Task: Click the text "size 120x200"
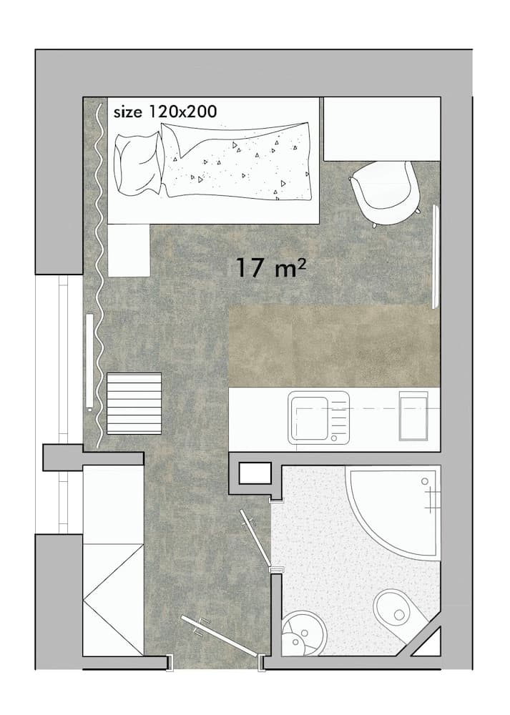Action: click(x=165, y=112)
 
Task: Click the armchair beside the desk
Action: click(x=384, y=189)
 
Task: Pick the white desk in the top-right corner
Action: click(x=381, y=129)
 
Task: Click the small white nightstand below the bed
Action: click(x=129, y=250)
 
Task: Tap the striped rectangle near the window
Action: click(x=134, y=403)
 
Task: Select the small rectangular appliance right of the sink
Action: click(x=413, y=416)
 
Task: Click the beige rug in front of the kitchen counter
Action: click(x=333, y=345)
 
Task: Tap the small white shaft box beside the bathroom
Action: click(x=254, y=474)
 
